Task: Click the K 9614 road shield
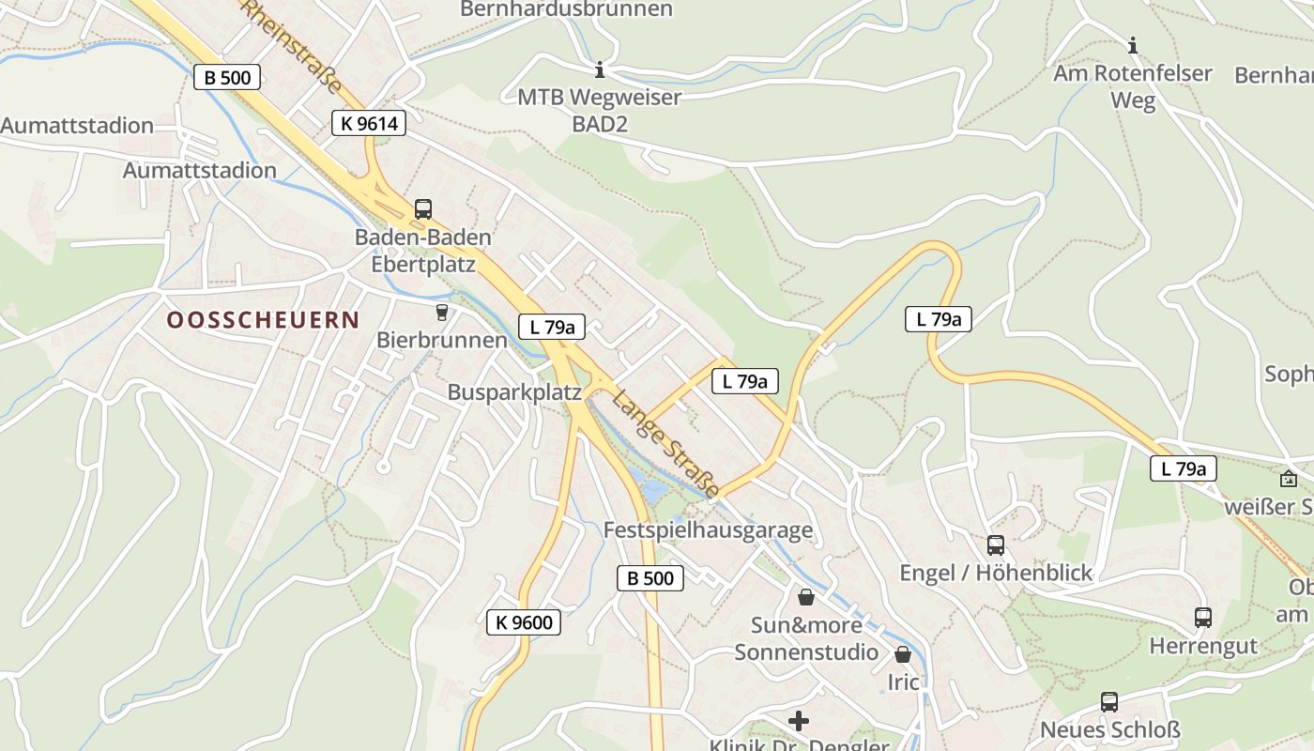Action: (368, 123)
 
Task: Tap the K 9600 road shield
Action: (524, 621)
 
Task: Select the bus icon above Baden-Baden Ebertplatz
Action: (423, 208)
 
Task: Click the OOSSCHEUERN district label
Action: (263, 320)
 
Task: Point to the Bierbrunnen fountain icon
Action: (441, 312)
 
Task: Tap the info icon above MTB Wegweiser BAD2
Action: (600, 69)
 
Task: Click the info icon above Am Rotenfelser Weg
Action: (1133, 45)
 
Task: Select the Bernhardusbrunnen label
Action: (566, 9)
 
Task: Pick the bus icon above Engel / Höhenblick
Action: (996, 544)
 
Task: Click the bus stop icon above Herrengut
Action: (1203, 617)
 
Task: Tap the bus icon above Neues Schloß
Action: (1109, 701)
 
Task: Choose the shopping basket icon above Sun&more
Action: (805, 596)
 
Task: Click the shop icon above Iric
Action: (903, 653)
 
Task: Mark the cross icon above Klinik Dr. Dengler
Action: (799, 720)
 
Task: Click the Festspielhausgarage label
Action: (708, 530)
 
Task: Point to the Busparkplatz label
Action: (514, 392)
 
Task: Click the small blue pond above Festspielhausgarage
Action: (650, 489)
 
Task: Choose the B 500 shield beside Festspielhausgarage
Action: (649, 578)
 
